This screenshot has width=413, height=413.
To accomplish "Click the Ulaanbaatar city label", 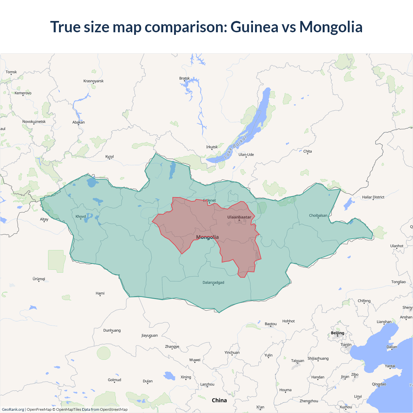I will coord(239,217).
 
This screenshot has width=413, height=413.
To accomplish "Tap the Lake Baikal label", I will coord(235,147).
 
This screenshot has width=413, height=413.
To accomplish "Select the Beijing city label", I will coord(337,333).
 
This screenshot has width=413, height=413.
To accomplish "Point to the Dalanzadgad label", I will coord(213,283).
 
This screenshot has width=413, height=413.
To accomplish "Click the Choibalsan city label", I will coord(318,216).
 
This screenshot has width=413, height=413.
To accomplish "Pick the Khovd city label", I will coord(81,217).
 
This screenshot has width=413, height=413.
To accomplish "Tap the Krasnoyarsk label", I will coord(93,81).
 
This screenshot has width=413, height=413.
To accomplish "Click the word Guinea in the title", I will coord(254,27).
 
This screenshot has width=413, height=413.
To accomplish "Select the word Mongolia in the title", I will coord(331,27).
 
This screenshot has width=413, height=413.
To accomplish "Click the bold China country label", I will coord(219,400).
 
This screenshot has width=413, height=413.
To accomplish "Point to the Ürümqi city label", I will coord(39,279).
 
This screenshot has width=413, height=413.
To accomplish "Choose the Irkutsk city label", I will coord(212,147).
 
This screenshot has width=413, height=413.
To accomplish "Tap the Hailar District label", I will coord(373,197).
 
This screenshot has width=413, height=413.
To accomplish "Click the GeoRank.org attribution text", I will coord(13,409).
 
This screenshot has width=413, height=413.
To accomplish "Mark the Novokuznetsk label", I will coord(34,122).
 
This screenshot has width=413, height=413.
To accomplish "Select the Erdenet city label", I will coord(209,201).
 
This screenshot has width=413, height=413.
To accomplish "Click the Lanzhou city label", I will coord(207,384).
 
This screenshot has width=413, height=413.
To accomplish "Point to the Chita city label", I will coord(307,151).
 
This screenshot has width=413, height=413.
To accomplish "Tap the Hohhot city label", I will coord(288,321).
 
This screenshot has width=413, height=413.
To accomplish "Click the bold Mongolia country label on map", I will coord(207,237).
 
